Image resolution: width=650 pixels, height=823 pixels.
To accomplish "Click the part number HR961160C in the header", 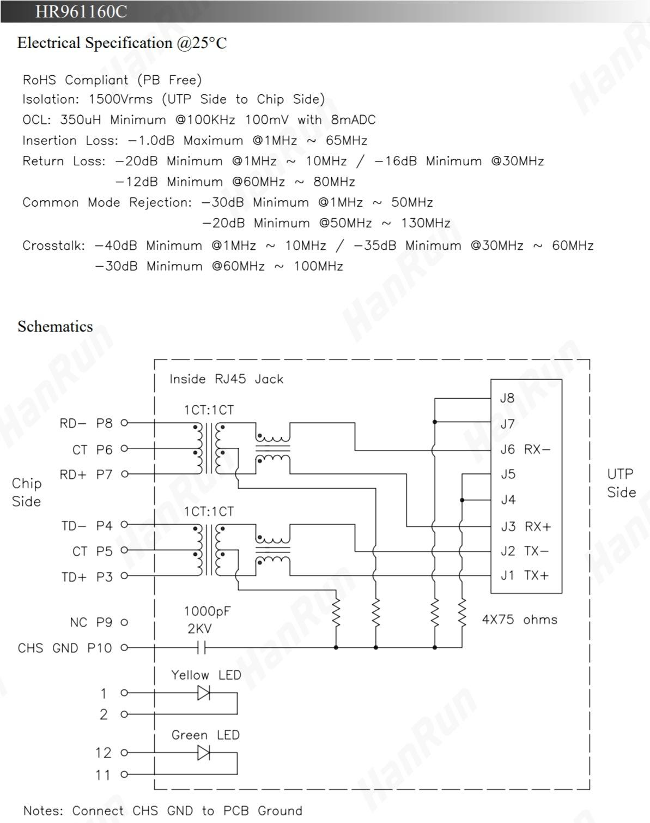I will tap(81, 11).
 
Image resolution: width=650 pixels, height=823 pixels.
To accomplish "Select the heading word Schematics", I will tap(55, 326).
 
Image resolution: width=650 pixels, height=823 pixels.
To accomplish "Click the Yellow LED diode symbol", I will tap(203, 693).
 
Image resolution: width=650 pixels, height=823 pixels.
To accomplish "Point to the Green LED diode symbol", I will tap(203, 753).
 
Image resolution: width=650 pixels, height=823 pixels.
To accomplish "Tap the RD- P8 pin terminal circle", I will tap(124, 423).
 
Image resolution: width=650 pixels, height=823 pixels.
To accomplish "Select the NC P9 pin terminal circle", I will tap(124, 622).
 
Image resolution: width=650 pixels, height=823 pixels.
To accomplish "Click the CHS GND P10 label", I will tap(65, 648).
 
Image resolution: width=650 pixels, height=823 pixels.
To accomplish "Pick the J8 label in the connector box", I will tap(507, 398).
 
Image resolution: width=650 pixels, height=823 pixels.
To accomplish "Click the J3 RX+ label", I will tap(525, 526).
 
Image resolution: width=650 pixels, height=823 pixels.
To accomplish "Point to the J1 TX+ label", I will tap(524, 575).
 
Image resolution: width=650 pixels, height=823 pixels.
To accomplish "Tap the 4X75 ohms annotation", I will tap(519, 620).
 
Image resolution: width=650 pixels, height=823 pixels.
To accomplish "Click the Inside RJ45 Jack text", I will tap(226, 379).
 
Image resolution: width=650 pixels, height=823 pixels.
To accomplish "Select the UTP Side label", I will tap(621, 483).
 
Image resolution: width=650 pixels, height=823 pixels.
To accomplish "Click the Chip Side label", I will tap(27, 492).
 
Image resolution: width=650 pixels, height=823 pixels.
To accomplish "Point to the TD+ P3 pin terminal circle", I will tap(124, 576).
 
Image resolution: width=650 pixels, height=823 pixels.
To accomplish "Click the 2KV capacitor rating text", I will tap(199, 629).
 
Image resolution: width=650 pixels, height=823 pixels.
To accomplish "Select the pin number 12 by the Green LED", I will tap(103, 753).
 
